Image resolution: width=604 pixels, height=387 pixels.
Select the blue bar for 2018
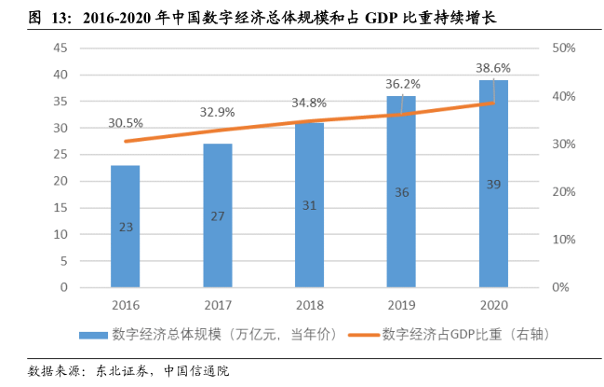click(309, 205)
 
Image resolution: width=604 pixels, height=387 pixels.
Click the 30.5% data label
click(126, 122)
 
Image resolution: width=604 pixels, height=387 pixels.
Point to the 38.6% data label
click(493, 68)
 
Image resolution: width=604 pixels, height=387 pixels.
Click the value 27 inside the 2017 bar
click(217, 216)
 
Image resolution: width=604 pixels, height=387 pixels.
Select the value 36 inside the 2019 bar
click(401, 192)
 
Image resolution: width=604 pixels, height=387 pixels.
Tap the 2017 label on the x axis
click(217, 305)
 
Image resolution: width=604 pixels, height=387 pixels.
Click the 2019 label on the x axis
click(401, 305)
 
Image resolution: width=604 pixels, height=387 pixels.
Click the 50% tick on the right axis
click(565, 48)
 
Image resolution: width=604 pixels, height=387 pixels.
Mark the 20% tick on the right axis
click(565, 192)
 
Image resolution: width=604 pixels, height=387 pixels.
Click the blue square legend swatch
click(92, 334)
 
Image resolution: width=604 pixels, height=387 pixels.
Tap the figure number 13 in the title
click(47, 16)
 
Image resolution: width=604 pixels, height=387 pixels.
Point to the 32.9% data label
click(217, 112)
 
